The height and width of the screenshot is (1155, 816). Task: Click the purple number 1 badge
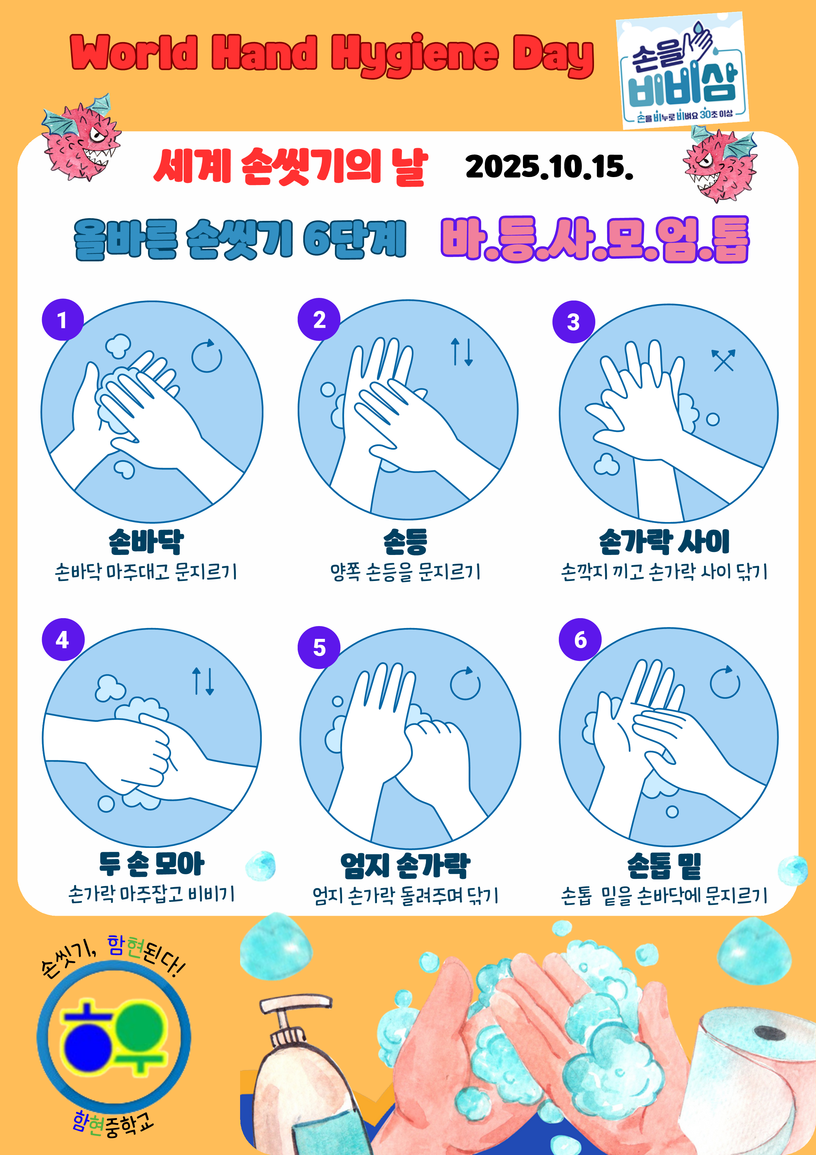[x=62, y=320]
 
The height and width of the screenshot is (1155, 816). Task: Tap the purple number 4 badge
[x=63, y=639]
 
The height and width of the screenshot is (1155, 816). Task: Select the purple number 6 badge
[x=580, y=639]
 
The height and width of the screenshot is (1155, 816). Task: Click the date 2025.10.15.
[x=549, y=167]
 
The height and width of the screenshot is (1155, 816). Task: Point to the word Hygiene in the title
[x=415, y=54]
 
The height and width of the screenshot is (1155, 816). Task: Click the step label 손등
[x=405, y=542]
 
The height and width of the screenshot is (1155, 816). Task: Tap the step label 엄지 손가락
[x=405, y=866]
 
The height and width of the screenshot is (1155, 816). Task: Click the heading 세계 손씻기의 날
[x=291, y=167]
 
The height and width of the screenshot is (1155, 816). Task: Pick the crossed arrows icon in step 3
[x=723, y=360]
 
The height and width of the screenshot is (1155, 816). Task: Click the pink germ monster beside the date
[x=720, y=164]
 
